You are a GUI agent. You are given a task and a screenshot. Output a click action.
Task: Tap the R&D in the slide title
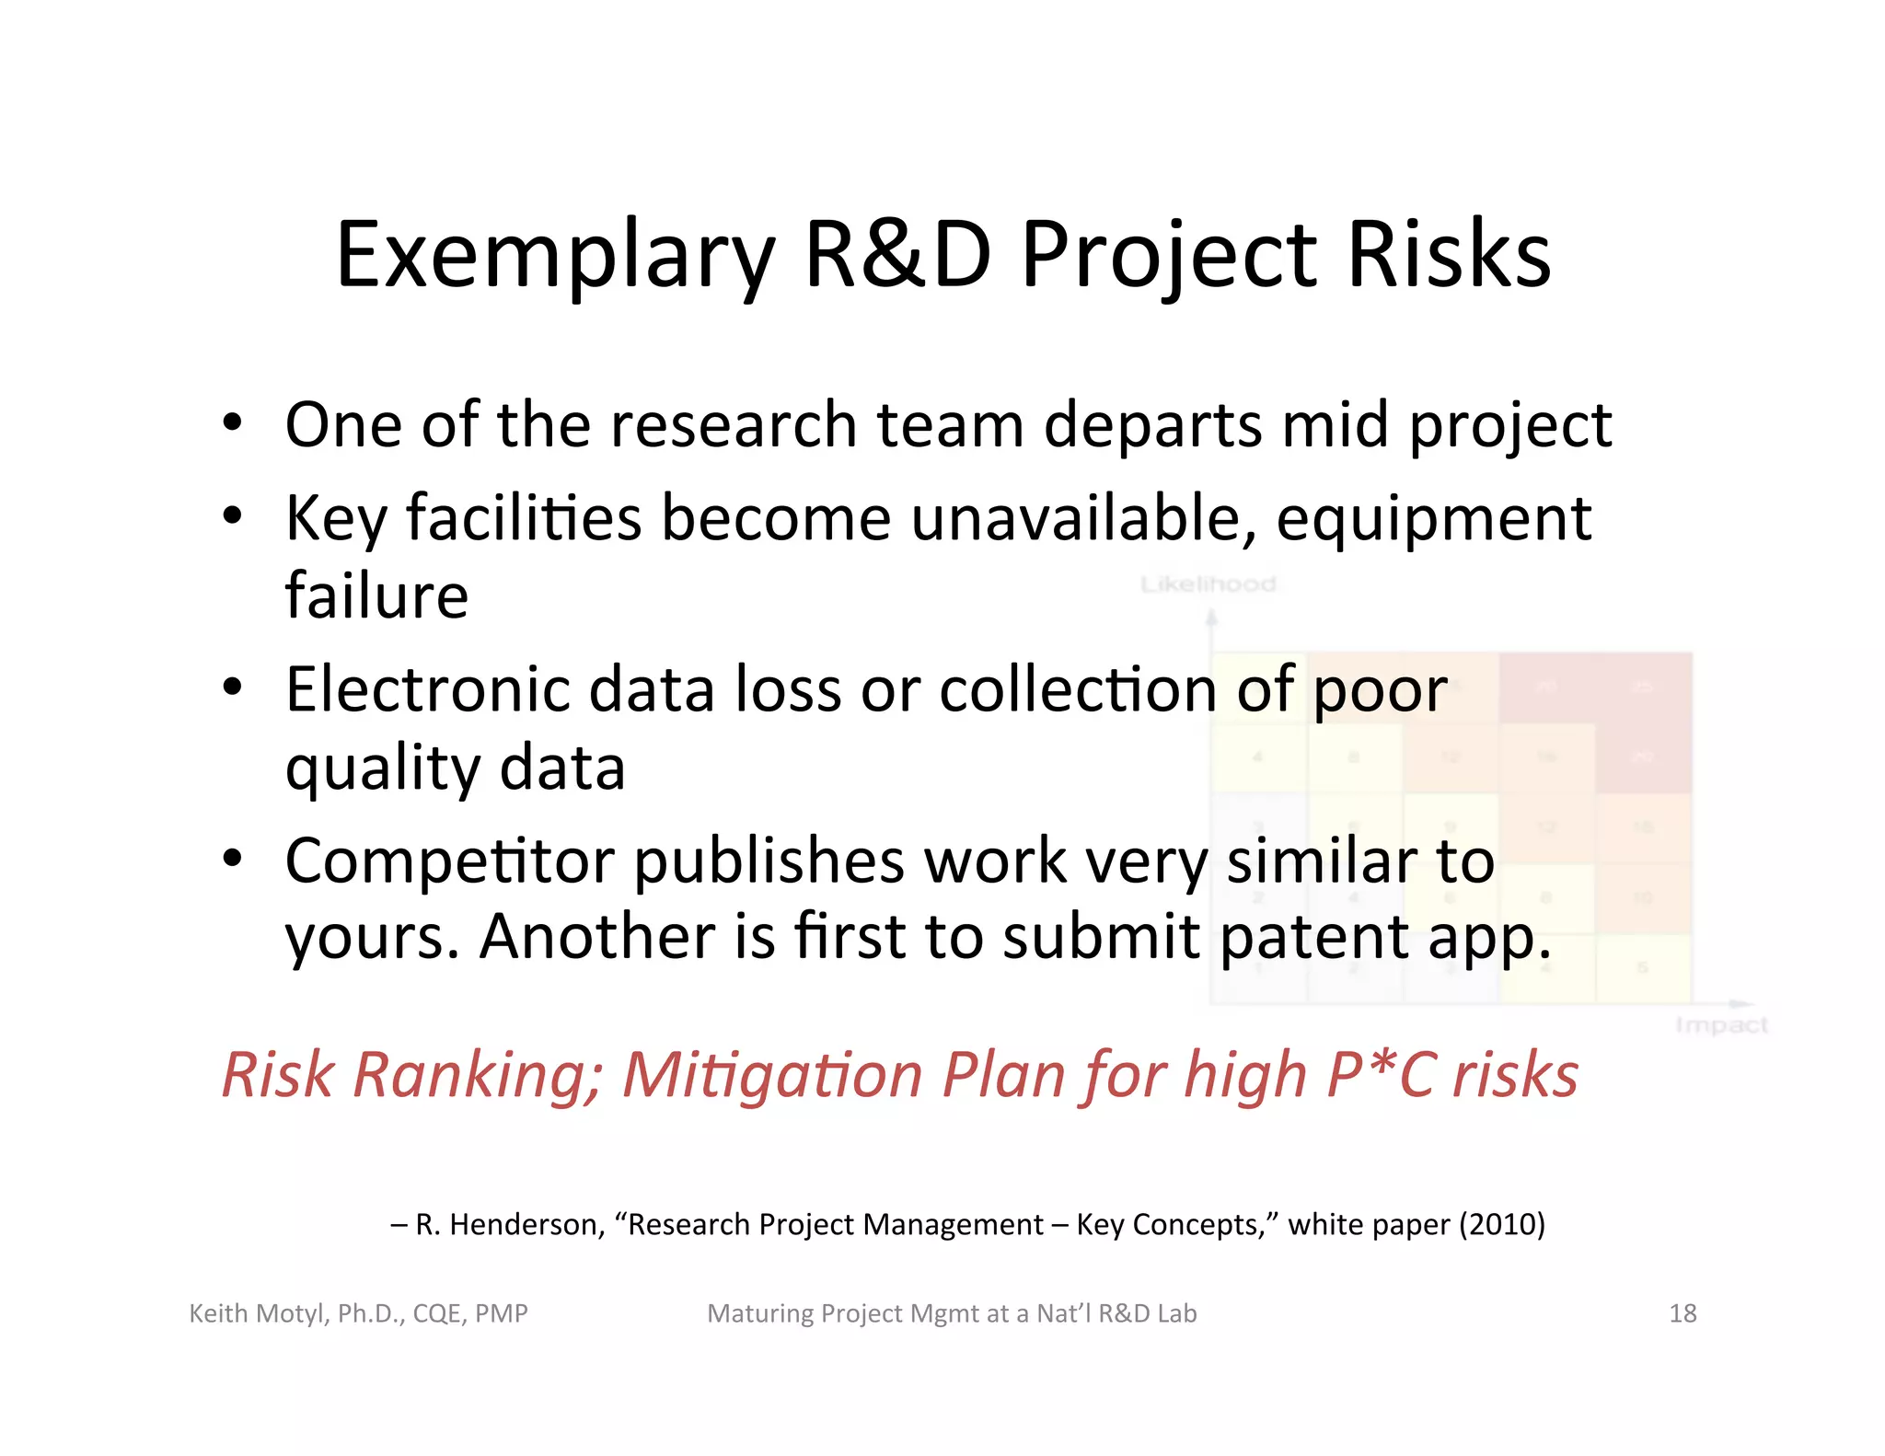pyautogui.click(x=898, y=256)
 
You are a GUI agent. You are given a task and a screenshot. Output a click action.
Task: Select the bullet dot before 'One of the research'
pyautogui.click(x=232, y=424)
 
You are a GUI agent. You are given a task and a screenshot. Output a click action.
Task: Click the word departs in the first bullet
pyautogui.click(x=1152, y=426)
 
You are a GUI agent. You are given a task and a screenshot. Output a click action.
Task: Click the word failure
pyautogui.click(x=376, y=595)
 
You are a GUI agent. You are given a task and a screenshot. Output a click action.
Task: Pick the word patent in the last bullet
pyautogui.click(x=1314, y=938)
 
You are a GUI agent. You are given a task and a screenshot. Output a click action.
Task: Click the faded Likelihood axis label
pyautogui.click(x=1208, y=584)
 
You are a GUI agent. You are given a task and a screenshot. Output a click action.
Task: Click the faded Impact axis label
pyautogui.click(x=1720, y=1025)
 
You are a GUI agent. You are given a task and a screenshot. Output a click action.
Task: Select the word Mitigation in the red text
pyautogui.click(x=771, y=1075)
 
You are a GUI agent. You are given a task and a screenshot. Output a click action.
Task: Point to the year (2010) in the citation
pyautogui.click(x=1501, y=1225)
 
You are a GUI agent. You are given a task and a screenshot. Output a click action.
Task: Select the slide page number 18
pyautogui.click(x=1682, y=1313)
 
